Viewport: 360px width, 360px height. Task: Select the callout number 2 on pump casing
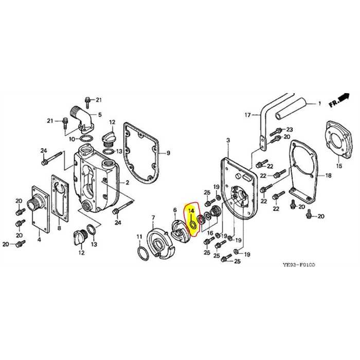(128, 183)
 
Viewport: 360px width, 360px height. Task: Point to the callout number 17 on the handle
(247, 115)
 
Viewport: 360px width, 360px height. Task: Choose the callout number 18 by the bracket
(328, 175)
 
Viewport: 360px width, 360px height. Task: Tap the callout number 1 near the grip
(319, 104)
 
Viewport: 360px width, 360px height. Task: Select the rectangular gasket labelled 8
(60, 196)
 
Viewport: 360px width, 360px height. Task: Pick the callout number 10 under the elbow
(71, 139)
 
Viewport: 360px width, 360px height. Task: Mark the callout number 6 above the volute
(174, 210)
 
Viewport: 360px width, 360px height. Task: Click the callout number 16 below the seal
(209, 232)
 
